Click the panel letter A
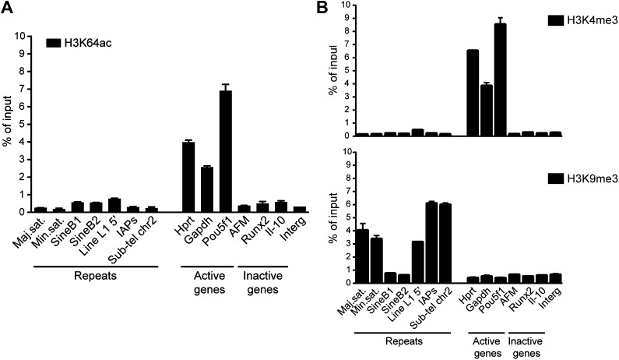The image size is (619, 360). tap(9, 9)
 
